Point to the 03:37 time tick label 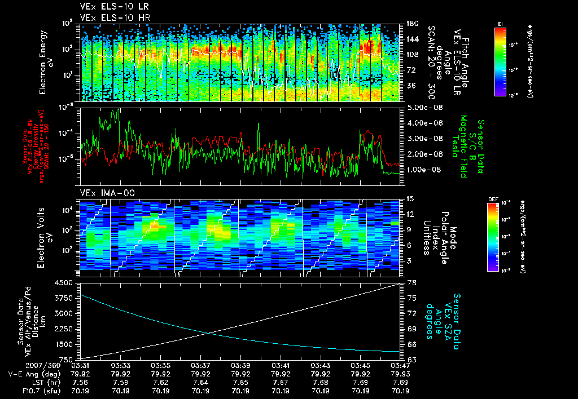pos(202,365)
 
